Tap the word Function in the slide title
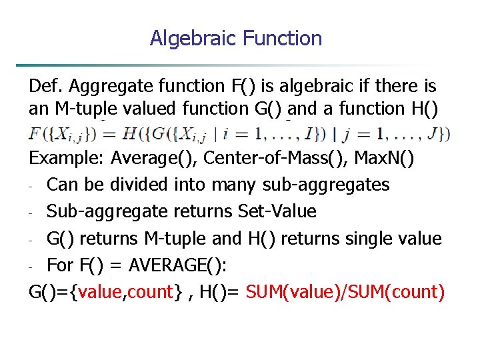tap(283, 38)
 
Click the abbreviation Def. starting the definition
tap(45, 86)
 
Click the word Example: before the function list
tap(67, 159)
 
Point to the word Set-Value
tap(277, 211)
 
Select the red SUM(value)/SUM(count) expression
tap(345, 292)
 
